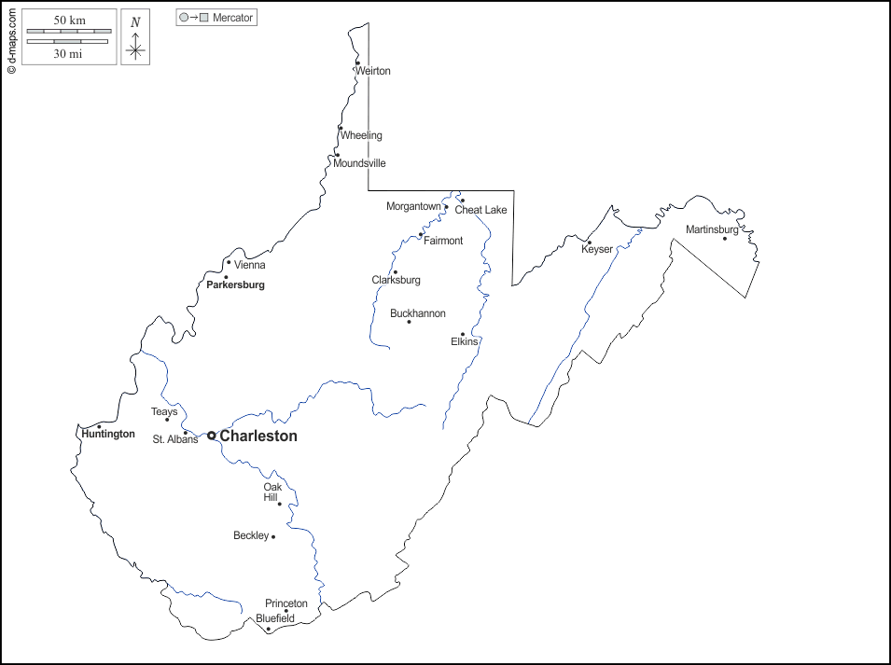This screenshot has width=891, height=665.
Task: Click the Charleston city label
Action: pos(258,436)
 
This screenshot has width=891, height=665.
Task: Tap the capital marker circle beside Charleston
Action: pos(212,436)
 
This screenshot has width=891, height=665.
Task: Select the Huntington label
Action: pos(107,434)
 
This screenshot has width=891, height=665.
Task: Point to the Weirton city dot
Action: pos(357,63)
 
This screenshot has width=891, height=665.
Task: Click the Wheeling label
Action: pos(361,135)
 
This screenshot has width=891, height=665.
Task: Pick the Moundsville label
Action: pos(359,163)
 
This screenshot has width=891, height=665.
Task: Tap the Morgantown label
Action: pos(413,206)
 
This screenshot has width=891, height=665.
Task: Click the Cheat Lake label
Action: pos(480,210)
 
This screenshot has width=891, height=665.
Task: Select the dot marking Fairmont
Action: pos(421,235)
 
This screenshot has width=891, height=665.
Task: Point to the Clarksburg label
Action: pos(396,280)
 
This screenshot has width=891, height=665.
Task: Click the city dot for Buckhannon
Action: pos(409,322)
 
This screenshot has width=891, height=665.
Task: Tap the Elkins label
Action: pos(464,341)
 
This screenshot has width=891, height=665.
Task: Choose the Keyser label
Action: pos(597,249)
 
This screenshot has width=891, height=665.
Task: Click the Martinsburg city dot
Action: pos(724,238)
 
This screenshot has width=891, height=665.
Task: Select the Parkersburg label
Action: pos(235,284)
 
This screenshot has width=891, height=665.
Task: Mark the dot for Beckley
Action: pos(273,536)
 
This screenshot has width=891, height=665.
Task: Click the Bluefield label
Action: pos(275,617)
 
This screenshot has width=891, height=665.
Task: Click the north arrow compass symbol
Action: pos(135,45)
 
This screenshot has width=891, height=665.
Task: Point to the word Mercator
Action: pos(232,18)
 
